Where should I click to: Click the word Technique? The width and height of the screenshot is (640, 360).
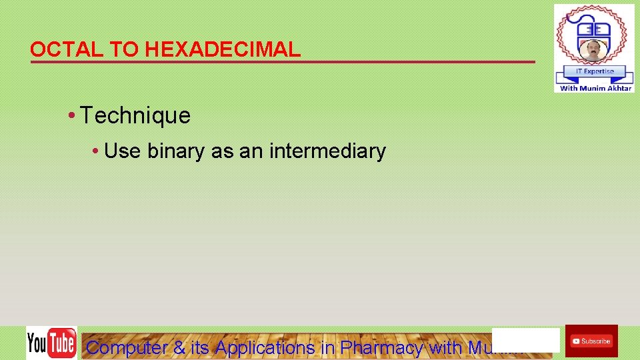click(x=135, y=116)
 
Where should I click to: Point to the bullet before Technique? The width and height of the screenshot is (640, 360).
click(x=71, y=116)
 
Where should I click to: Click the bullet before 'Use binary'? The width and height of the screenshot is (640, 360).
click(x=97, y=152)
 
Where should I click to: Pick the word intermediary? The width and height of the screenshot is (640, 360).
click(x=327, y=151)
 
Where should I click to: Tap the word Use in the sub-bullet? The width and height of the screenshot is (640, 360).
click(x=122, y=151)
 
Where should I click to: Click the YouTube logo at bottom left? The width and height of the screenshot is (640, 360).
click(x=51, y=343)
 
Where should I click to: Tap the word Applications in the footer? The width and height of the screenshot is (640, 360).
click(x=265, y=347)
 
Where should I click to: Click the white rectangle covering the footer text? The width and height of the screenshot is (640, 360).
click(x=525, y=339)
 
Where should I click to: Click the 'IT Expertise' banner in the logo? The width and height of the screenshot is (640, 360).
click(x=594, y=71)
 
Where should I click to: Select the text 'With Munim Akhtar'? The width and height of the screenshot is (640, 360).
click(x=595, y=88)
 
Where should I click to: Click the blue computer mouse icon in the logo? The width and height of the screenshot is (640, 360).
click(x=594, y=26)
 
